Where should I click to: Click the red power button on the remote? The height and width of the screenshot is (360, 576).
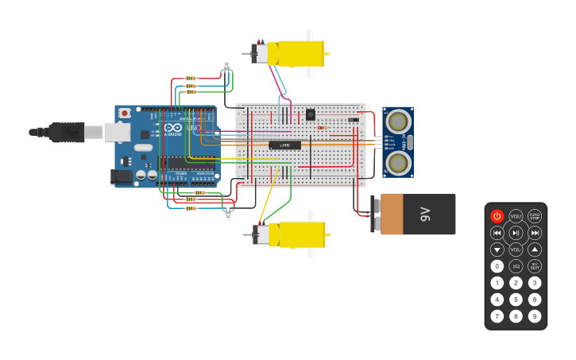(x=497, y=216)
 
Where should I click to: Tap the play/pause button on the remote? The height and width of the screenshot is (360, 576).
(x=516, y=233)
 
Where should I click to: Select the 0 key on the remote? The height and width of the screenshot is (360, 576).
(x=497, y=266)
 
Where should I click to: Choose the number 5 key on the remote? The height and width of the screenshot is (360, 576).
(x=516, y=300)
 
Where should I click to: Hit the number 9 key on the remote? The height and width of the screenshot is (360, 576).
(x=535, y=316)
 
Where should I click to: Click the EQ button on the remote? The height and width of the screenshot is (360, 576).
(x=516, y=266)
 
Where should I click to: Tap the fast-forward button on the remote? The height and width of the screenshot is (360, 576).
(x=535, y=233)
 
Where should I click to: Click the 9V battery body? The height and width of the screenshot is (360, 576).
(x=418, y=214)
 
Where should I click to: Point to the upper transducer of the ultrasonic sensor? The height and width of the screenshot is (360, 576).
(x=396, y=122)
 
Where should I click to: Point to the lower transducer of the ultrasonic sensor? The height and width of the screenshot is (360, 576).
(x=396, y=163)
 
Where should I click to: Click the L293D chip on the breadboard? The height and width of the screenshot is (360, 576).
(x=284, y=145)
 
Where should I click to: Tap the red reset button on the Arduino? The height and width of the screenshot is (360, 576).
(x=124, y=114)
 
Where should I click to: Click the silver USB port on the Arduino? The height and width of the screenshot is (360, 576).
(x=116, y=132)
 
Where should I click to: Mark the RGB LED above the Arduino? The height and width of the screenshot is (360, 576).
(x=226, y=65)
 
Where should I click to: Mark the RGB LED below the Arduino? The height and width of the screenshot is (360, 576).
(x=228, y=214)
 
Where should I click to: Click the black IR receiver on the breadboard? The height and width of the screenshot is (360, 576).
(x=310, y=114)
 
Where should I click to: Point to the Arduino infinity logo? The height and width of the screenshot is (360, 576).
(x=174, y=127)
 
